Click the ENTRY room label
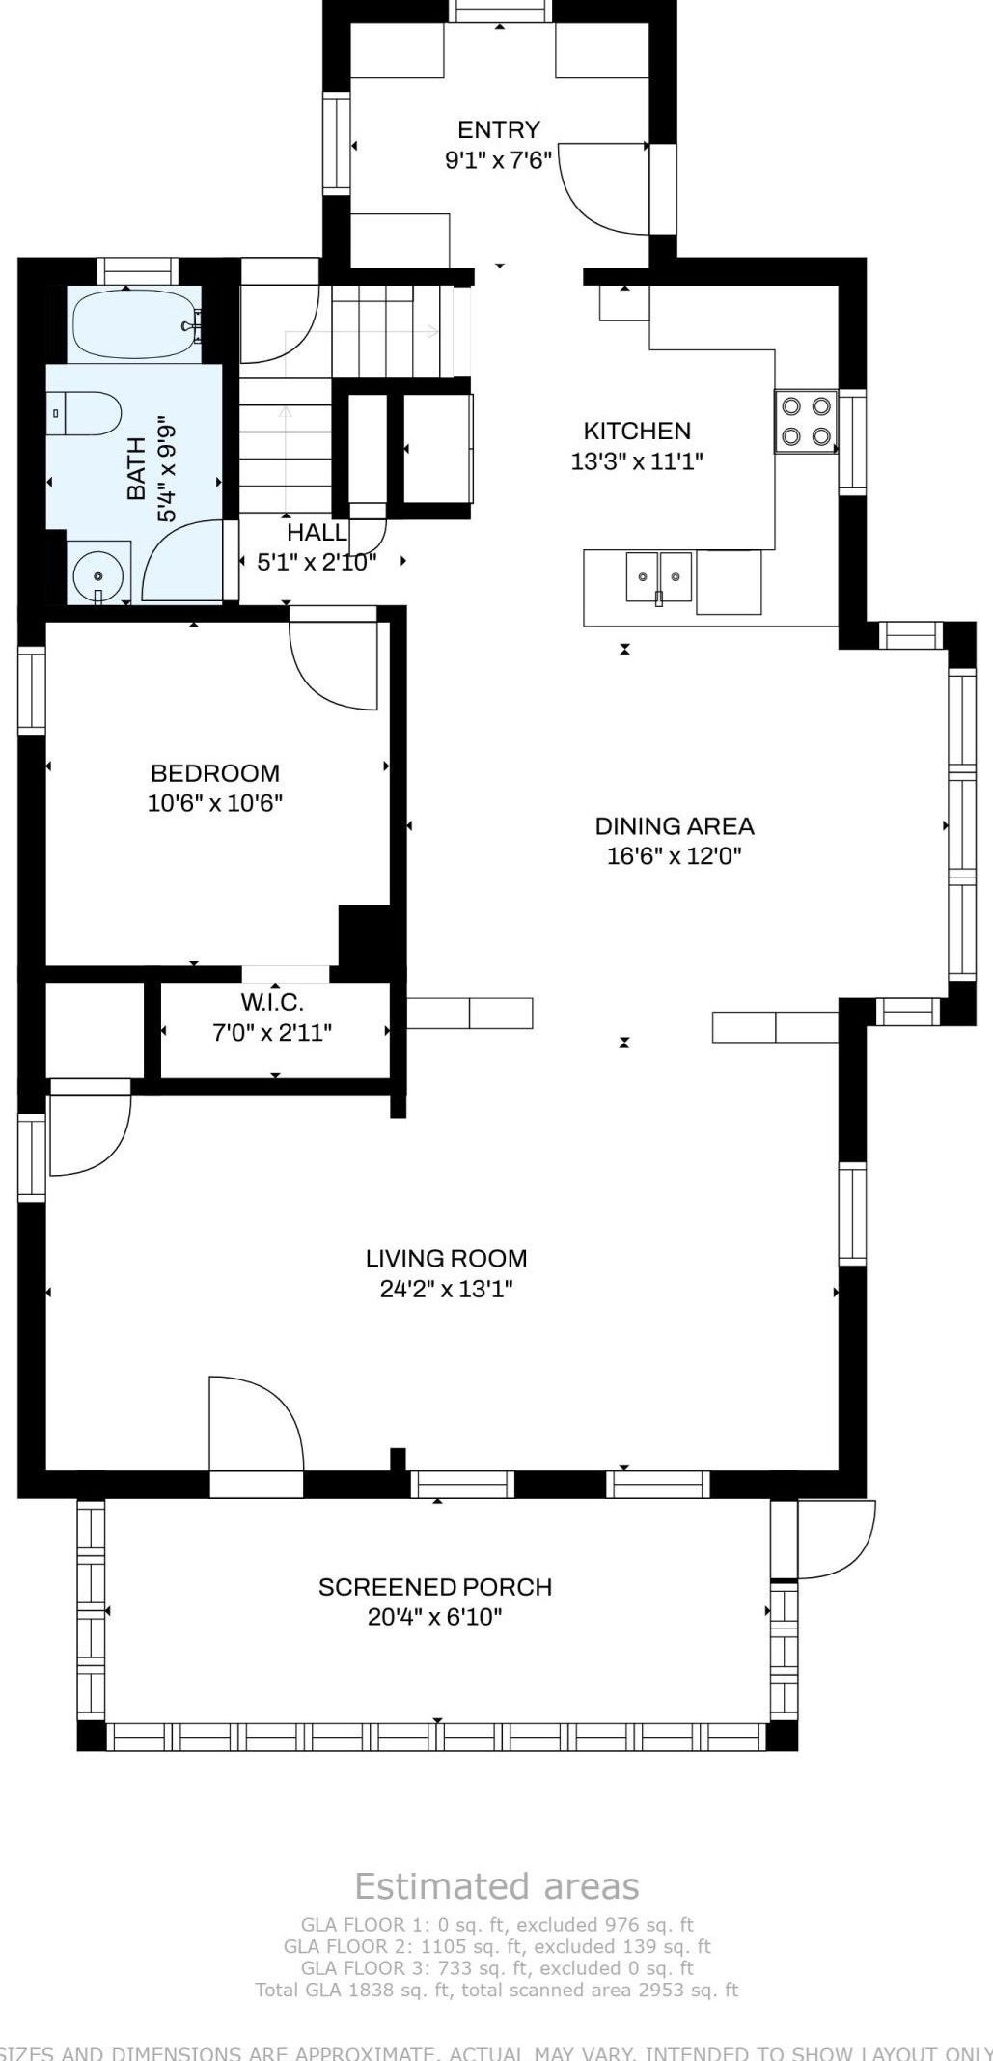pyautogui.click(x=498, y=129)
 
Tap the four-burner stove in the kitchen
pyautogui.click(x=806, y=422)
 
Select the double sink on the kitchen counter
pyautogui.click(x=659, y=577)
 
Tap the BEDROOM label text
pyautogui.click(x=215, y=773)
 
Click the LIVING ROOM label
pyautogui.click(x=446, y=1258)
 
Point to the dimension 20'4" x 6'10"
pyautogui.click(x=435, y=1617)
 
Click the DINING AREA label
pyautogui.click(x=674, y=825)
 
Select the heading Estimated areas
pyautogui.click(x=497, y=1885)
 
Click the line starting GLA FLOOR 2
pyautogui.click(x=497, y=1946)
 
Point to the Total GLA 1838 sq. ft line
pyautogui.click(x=497, y=1989)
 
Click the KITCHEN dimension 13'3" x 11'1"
pyautogui.click(x=637, y=461)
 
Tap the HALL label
pyautogui.click(x=317, y=532)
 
